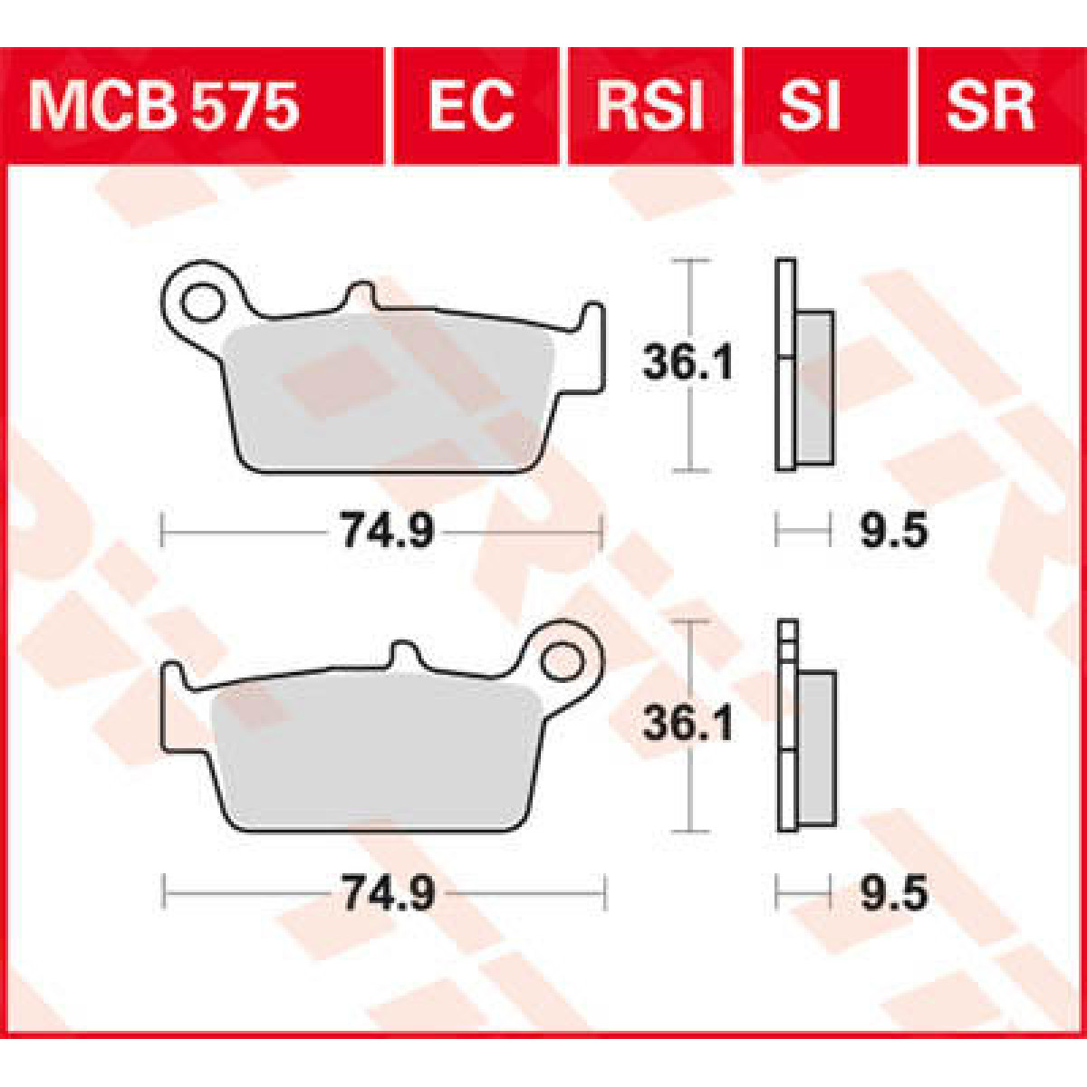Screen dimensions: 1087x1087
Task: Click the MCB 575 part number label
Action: point(163,107)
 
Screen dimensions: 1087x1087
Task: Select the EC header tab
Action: point(471,107)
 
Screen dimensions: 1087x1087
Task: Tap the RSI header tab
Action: point(649,107)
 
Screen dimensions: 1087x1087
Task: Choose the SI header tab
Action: point(809,107)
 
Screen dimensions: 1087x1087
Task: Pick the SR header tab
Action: point(989,107)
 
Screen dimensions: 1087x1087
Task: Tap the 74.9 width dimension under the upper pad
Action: point(387,532)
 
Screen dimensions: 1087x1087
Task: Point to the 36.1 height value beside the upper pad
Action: point(688,364)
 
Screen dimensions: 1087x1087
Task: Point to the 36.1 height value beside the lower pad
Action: point(688,725)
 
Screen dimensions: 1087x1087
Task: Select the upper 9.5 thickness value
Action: point(893,532)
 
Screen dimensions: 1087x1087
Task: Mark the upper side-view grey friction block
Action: point(814,387)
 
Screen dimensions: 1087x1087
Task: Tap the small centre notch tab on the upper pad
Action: point(361,297)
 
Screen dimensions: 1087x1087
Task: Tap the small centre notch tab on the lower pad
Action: point(404,654)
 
